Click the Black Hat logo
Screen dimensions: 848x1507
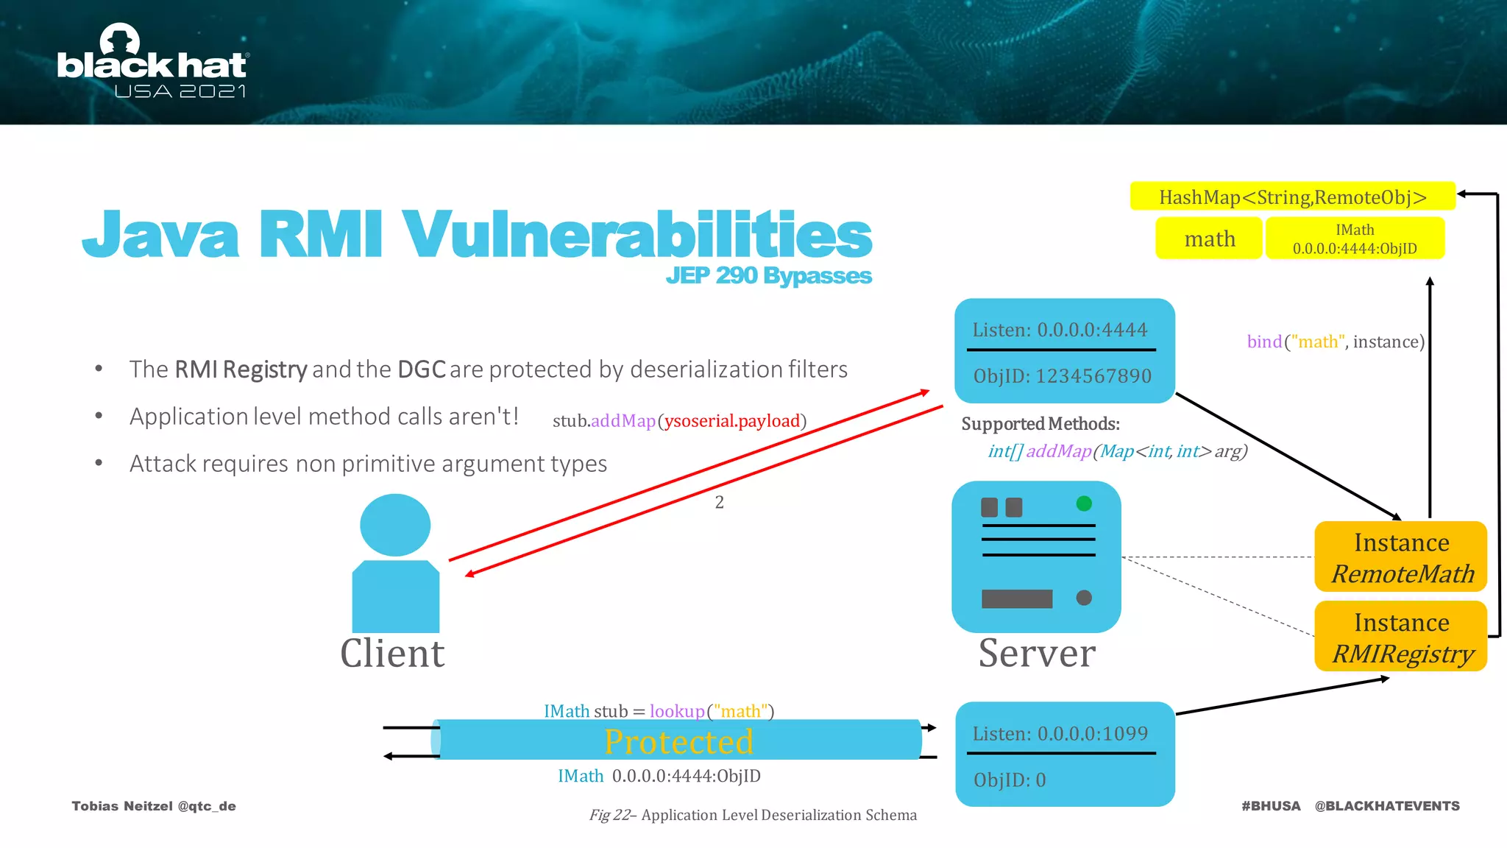point(152,63)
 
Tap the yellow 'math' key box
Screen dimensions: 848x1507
point(1209,239)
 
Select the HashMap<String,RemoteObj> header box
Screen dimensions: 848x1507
point(1292,197)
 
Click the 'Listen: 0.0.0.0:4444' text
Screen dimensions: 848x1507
point(1060,330)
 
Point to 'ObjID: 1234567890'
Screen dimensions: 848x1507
point(1062,376)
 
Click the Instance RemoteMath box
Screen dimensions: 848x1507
point(1401,557)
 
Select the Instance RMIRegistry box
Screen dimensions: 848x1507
point(1401,637)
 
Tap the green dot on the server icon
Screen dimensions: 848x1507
point(1084,504)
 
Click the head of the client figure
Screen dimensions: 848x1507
point(395,525)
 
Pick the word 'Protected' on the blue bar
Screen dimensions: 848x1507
point(678,741)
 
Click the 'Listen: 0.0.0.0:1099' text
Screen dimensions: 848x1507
point(1060,734)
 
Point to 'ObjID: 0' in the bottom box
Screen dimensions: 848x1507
point(1010,780)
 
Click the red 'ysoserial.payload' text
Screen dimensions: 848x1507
point(732,421)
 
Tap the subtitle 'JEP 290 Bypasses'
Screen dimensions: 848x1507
point(768,275)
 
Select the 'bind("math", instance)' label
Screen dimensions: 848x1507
point(1336,342)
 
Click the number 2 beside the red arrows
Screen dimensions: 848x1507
point(720,503)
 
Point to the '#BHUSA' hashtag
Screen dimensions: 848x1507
point(1271,806)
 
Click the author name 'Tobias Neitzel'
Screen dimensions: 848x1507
point(122,806)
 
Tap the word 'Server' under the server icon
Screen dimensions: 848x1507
point(1037,653)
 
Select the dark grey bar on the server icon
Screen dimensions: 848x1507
point(1017,598)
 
